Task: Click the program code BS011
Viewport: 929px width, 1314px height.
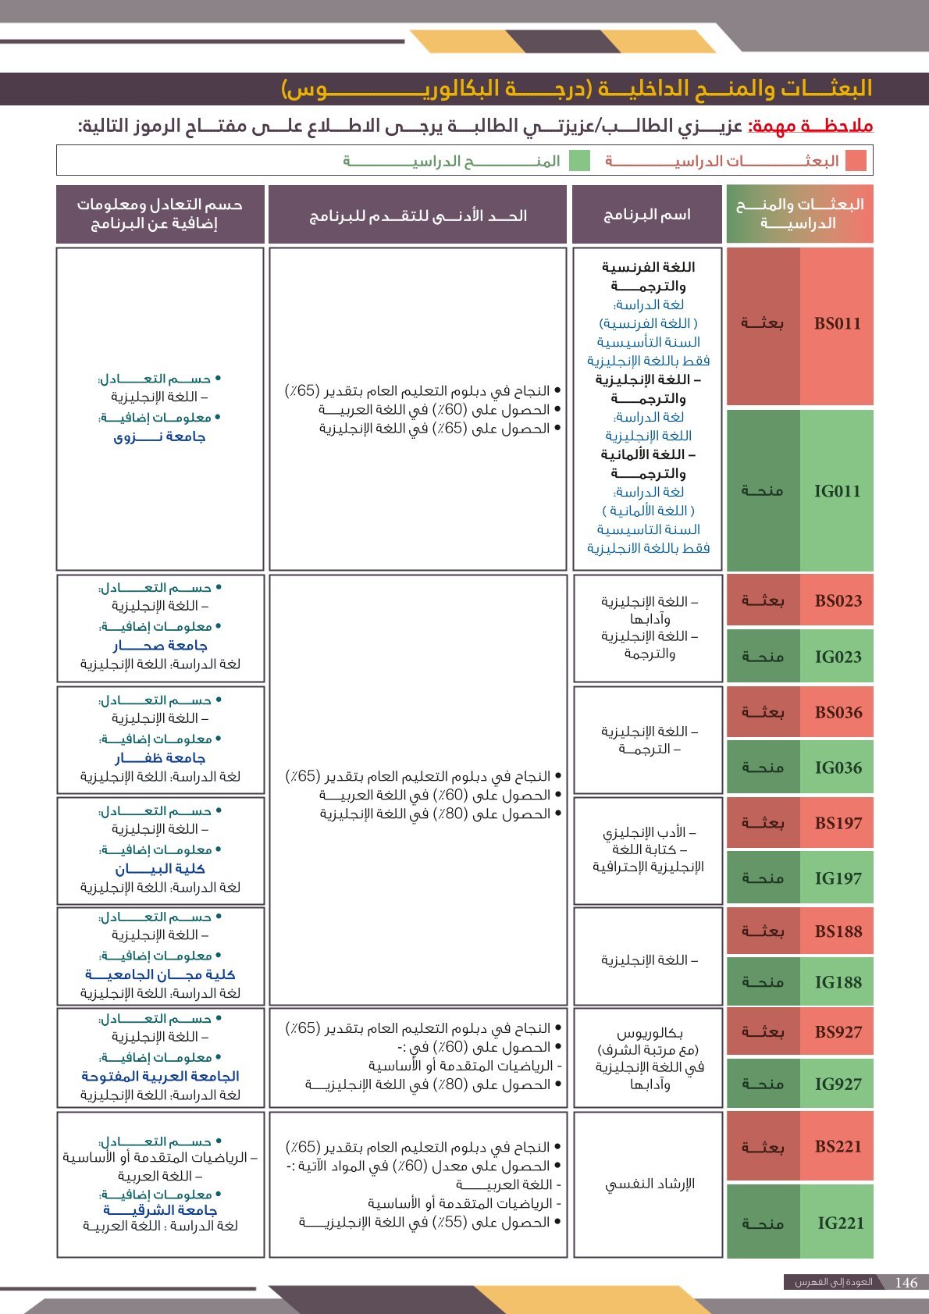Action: point(837,324)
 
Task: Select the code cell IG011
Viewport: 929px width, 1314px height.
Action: point(837,491)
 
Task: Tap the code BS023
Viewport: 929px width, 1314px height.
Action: point(838,601)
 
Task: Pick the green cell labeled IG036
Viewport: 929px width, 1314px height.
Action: point(838,768)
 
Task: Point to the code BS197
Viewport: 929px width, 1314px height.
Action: point(838,823)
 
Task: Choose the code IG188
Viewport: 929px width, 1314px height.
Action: point(838,982)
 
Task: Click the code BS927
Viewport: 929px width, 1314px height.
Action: point(838,1032)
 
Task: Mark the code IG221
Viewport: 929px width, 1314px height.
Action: point(840,1223)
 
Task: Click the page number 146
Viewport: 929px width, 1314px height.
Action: point(906,1283)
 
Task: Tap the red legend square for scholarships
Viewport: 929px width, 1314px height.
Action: point(856,161)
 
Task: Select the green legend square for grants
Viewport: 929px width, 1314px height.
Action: point(579,161)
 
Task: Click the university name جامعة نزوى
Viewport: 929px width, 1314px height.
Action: point(159,437)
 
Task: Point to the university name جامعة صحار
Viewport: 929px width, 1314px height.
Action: point(160,646)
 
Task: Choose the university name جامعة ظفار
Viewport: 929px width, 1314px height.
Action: point(160,758)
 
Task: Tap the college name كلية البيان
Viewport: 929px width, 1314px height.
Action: point(160,869)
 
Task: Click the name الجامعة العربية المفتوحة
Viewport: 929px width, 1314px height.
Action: point(160,1076)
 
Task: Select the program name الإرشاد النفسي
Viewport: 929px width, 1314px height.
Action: point(650,1184)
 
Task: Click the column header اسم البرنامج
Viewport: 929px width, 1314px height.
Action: point(646,215)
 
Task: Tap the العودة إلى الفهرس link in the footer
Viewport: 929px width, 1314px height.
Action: point(833,1283)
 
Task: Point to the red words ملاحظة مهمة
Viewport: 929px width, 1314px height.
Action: point(810,126)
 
